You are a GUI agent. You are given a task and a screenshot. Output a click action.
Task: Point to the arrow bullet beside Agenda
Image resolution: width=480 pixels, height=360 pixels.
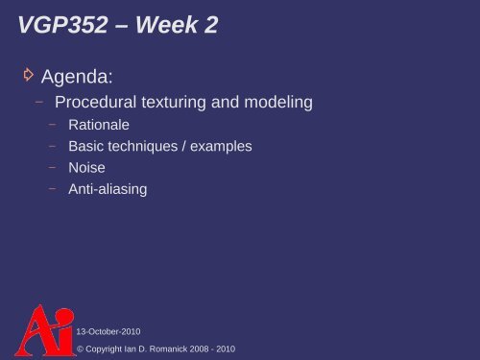tap(30, 68)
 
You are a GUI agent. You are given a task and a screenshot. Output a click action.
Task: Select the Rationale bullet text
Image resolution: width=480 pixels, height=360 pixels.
tap(98, 124)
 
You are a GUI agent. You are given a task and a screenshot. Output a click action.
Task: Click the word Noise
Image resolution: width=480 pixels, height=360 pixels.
tap(86, 168)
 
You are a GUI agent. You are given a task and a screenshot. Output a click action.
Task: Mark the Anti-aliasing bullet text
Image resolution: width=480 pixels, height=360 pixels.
tap(108, 190)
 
